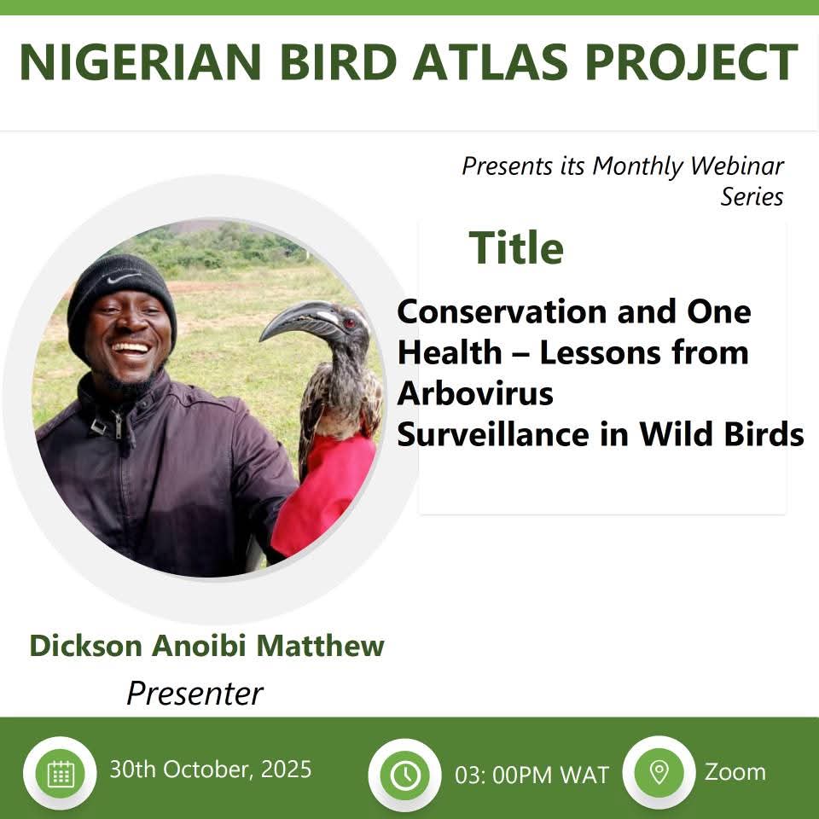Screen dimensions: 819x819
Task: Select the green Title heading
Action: click(516, 248)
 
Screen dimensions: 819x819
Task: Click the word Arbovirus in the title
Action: click(475, 394)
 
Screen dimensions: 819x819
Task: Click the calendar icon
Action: click(61, 774)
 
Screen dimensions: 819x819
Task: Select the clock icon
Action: click(405, 775)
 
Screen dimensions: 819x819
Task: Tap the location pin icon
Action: click(659, 772)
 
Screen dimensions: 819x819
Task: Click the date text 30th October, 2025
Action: click(210, 770)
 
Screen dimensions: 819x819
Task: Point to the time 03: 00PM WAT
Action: click(531, 775)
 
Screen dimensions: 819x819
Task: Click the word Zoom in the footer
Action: click(735, 772)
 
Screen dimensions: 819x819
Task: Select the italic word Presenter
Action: click(195, 693)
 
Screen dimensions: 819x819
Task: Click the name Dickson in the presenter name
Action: click(86, 646)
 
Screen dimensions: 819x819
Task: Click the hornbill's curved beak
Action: click(294, 319)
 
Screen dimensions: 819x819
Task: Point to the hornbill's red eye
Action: click(350, 322)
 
